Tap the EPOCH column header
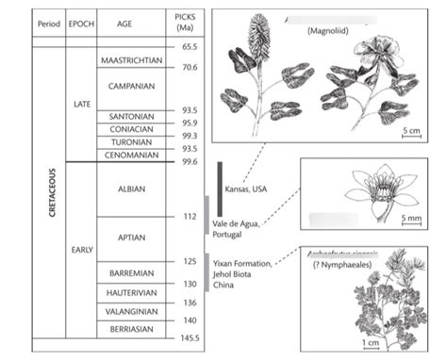pos(81,23)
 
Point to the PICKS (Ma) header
pos(187,23)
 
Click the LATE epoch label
pos(82,104)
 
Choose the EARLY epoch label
pos(82,249)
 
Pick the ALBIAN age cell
pos(131,188)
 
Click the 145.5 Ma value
pos(190,337)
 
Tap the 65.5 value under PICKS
pos(190,46)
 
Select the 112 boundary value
pos(189,216)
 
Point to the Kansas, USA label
pos(247,188)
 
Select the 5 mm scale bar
pos(411,221)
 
